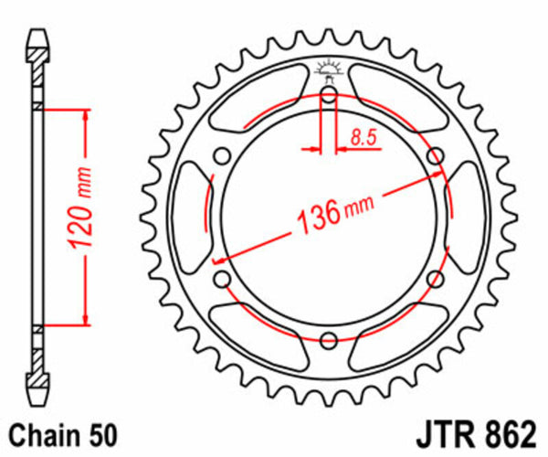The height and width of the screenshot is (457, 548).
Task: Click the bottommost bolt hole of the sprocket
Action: (329, 339)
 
